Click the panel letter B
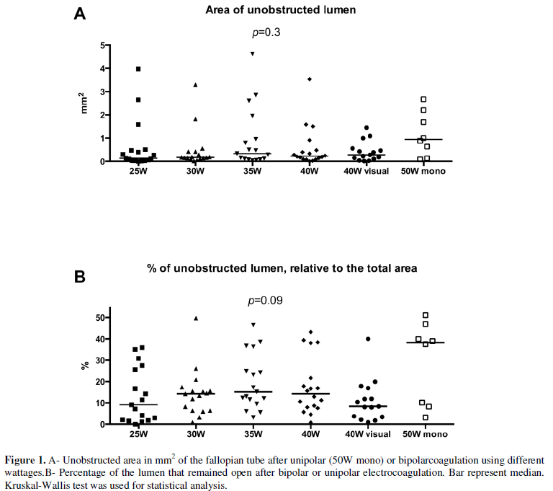(x=81, y=276)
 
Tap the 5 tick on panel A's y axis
(x=103, y=45)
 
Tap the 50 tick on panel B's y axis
(x=100, y=317)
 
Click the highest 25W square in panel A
(x=138, y=69)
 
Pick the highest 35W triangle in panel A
(x=252, y=54)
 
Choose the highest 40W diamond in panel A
(x=310, y=79)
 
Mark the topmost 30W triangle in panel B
(x=195, y=318)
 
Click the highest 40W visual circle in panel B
(x=368, y=339)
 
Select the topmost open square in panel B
(x=425, y=315)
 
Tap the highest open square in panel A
(x=423, y=99)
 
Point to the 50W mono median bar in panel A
(x=423, y=139)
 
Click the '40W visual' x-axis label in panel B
(x=367, y=434)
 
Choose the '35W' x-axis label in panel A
(x=252, y=172)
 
